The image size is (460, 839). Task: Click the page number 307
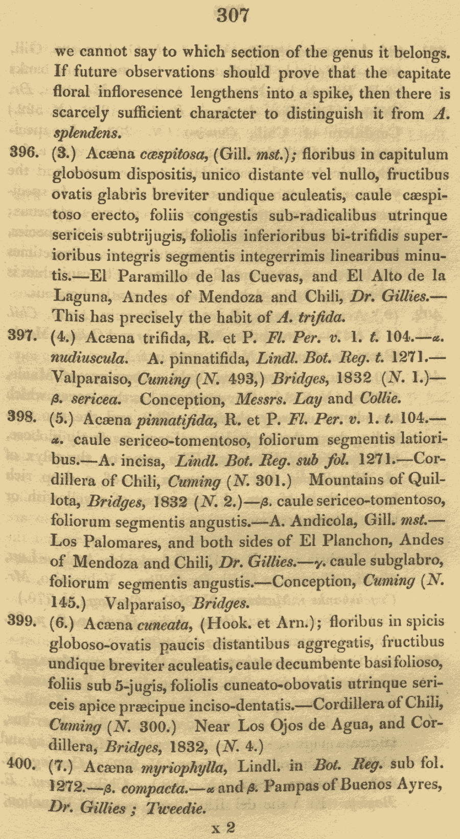click(x=233, y=15)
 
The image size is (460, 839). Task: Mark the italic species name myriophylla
click(x=182, y=767)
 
